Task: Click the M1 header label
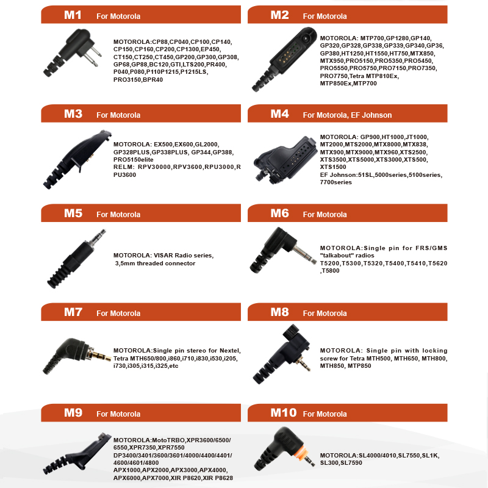73,15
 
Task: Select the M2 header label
279,15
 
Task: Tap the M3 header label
73,114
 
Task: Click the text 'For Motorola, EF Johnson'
347,115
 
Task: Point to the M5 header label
73,213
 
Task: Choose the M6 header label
279,213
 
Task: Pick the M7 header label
73,312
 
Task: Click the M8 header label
279,312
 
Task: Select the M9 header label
73,413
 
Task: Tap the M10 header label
283,413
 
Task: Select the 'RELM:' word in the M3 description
123,167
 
